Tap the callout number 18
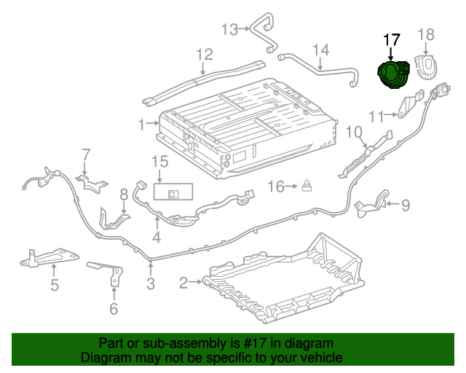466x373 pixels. point(426,34)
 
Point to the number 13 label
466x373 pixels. point(230,29)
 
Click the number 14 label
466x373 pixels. point(321,50)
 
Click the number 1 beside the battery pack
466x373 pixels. point(141,125)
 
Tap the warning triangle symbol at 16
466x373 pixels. point(308,186)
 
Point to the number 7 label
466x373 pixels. point(85,154)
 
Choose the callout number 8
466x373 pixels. point(124,194)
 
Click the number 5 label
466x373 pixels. point(55,285)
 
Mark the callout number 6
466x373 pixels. point(113,309)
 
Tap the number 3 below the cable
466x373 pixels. point(151,284)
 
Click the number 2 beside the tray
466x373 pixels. point(184,281)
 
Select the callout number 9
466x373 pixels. point(406,204)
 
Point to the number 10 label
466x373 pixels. point(353,132)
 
